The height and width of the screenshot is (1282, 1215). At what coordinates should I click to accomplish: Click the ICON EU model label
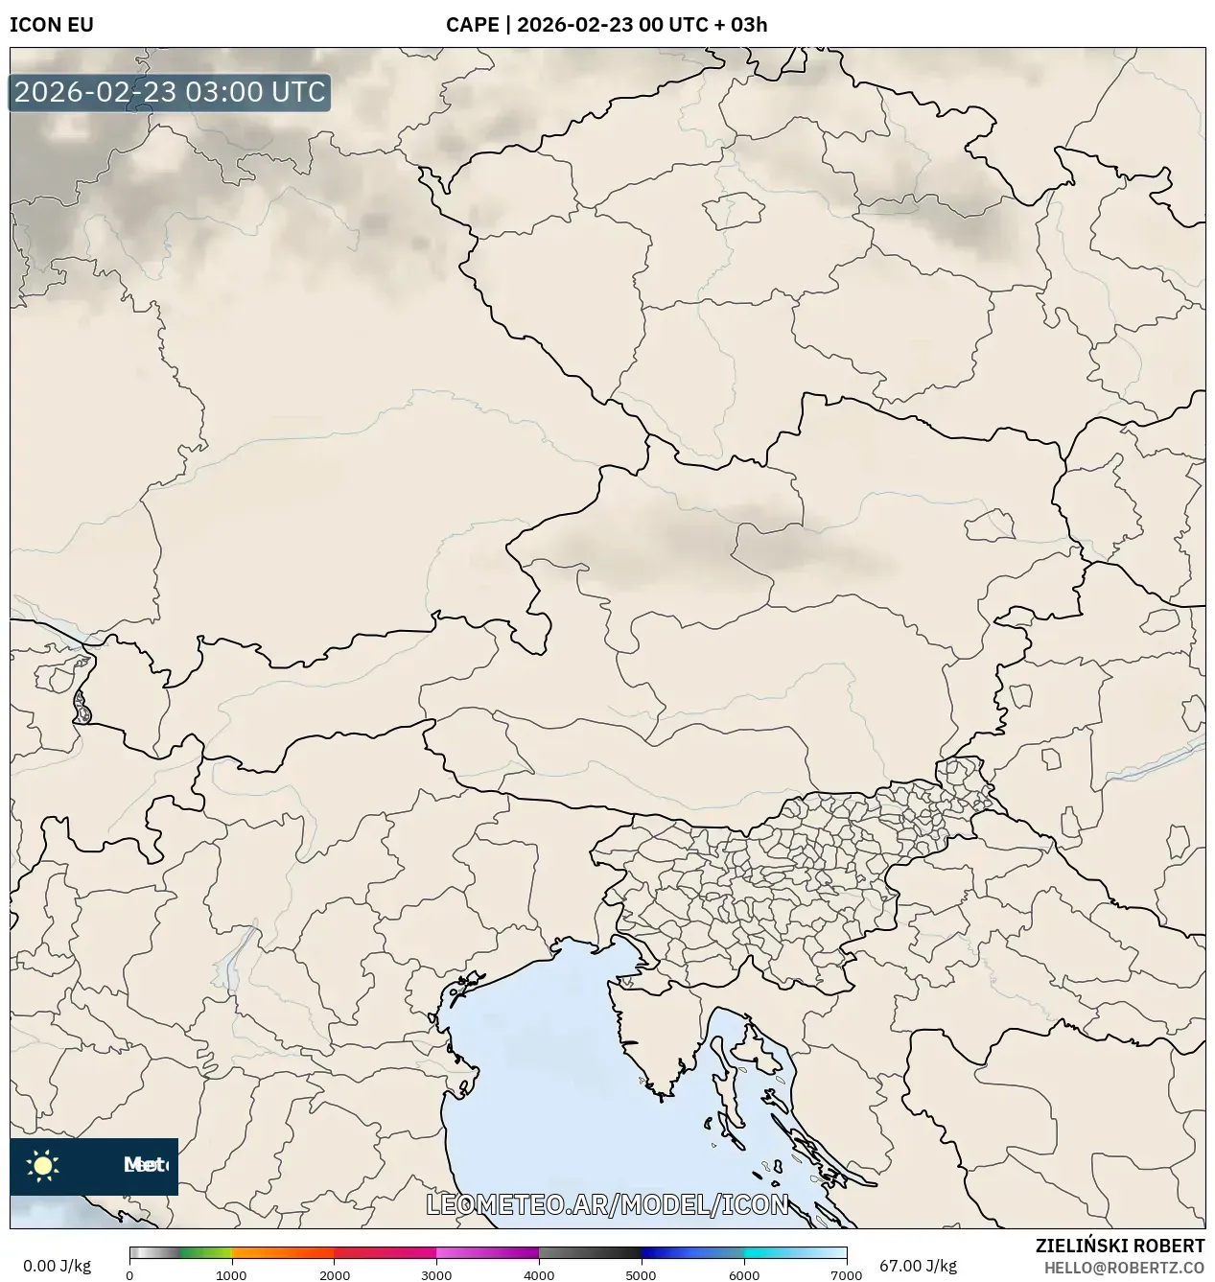click(x=52, y=25)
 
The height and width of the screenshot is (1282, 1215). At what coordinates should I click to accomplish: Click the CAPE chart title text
click(x=606, y=25)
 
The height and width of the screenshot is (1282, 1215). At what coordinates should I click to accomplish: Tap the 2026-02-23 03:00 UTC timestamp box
click(x=170, y=92)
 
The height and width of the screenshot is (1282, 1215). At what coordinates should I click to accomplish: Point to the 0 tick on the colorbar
click(x=129, y=1274)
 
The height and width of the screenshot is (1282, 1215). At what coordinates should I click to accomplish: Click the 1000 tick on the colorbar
click(x=231, y=1274)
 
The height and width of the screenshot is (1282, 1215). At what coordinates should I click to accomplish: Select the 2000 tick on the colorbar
click(x=334, y=1274)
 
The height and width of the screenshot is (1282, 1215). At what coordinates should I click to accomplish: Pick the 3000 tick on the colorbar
click(x=436, y=1274)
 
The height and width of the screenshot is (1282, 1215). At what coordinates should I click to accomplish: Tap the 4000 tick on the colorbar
click(x=539, y=1274)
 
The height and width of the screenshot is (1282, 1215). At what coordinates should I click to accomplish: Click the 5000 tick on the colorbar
click(x=642, y=1274)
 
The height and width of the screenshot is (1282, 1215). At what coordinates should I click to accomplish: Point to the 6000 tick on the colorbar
click(x=744, y=1274)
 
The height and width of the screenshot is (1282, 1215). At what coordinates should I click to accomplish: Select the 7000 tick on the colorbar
click(x=846, y=1274)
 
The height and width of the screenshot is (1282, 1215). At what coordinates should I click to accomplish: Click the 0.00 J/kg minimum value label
click(x=57, y=1266)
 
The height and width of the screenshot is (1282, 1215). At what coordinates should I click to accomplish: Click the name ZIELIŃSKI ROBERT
click(x=1120, y=1246)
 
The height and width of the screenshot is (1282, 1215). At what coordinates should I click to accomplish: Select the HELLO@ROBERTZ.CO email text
click(x=1124, y=1268)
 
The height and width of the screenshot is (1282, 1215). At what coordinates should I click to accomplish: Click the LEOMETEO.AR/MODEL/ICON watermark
click(x=607, y=1204)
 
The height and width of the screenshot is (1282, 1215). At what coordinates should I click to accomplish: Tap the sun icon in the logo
click(x=43, y=1166)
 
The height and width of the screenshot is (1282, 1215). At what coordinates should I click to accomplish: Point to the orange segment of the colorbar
click(x=283, y=1252)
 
